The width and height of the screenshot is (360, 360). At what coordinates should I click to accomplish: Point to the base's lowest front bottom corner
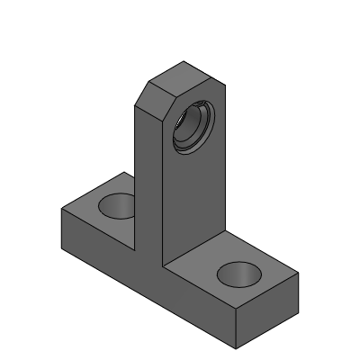(x=237, y=348)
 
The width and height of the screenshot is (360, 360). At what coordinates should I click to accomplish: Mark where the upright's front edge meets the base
(x=162, y=267)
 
